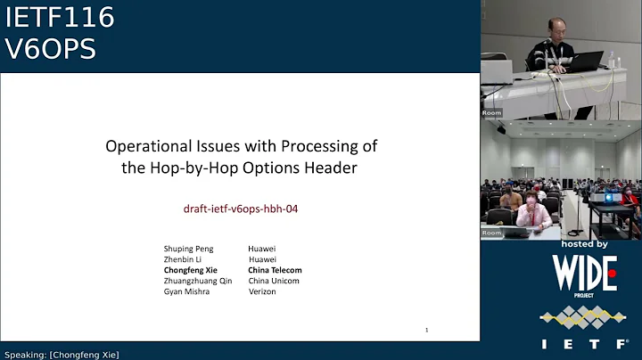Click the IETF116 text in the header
coord(59,18)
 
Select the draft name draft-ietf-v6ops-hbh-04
coord(239,209)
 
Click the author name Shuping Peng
coord(188,249)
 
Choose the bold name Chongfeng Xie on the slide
coord(190,270)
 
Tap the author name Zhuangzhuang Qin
coord(197,281)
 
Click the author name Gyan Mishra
coord(186,291)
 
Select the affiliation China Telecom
coord(275,270)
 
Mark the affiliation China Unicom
coord(274,281)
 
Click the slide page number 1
coord(426,330)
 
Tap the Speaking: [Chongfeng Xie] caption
coord(61,354)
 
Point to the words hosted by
coord(584,243)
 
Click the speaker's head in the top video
coord(557,26)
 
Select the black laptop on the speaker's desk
coord(585,61)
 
